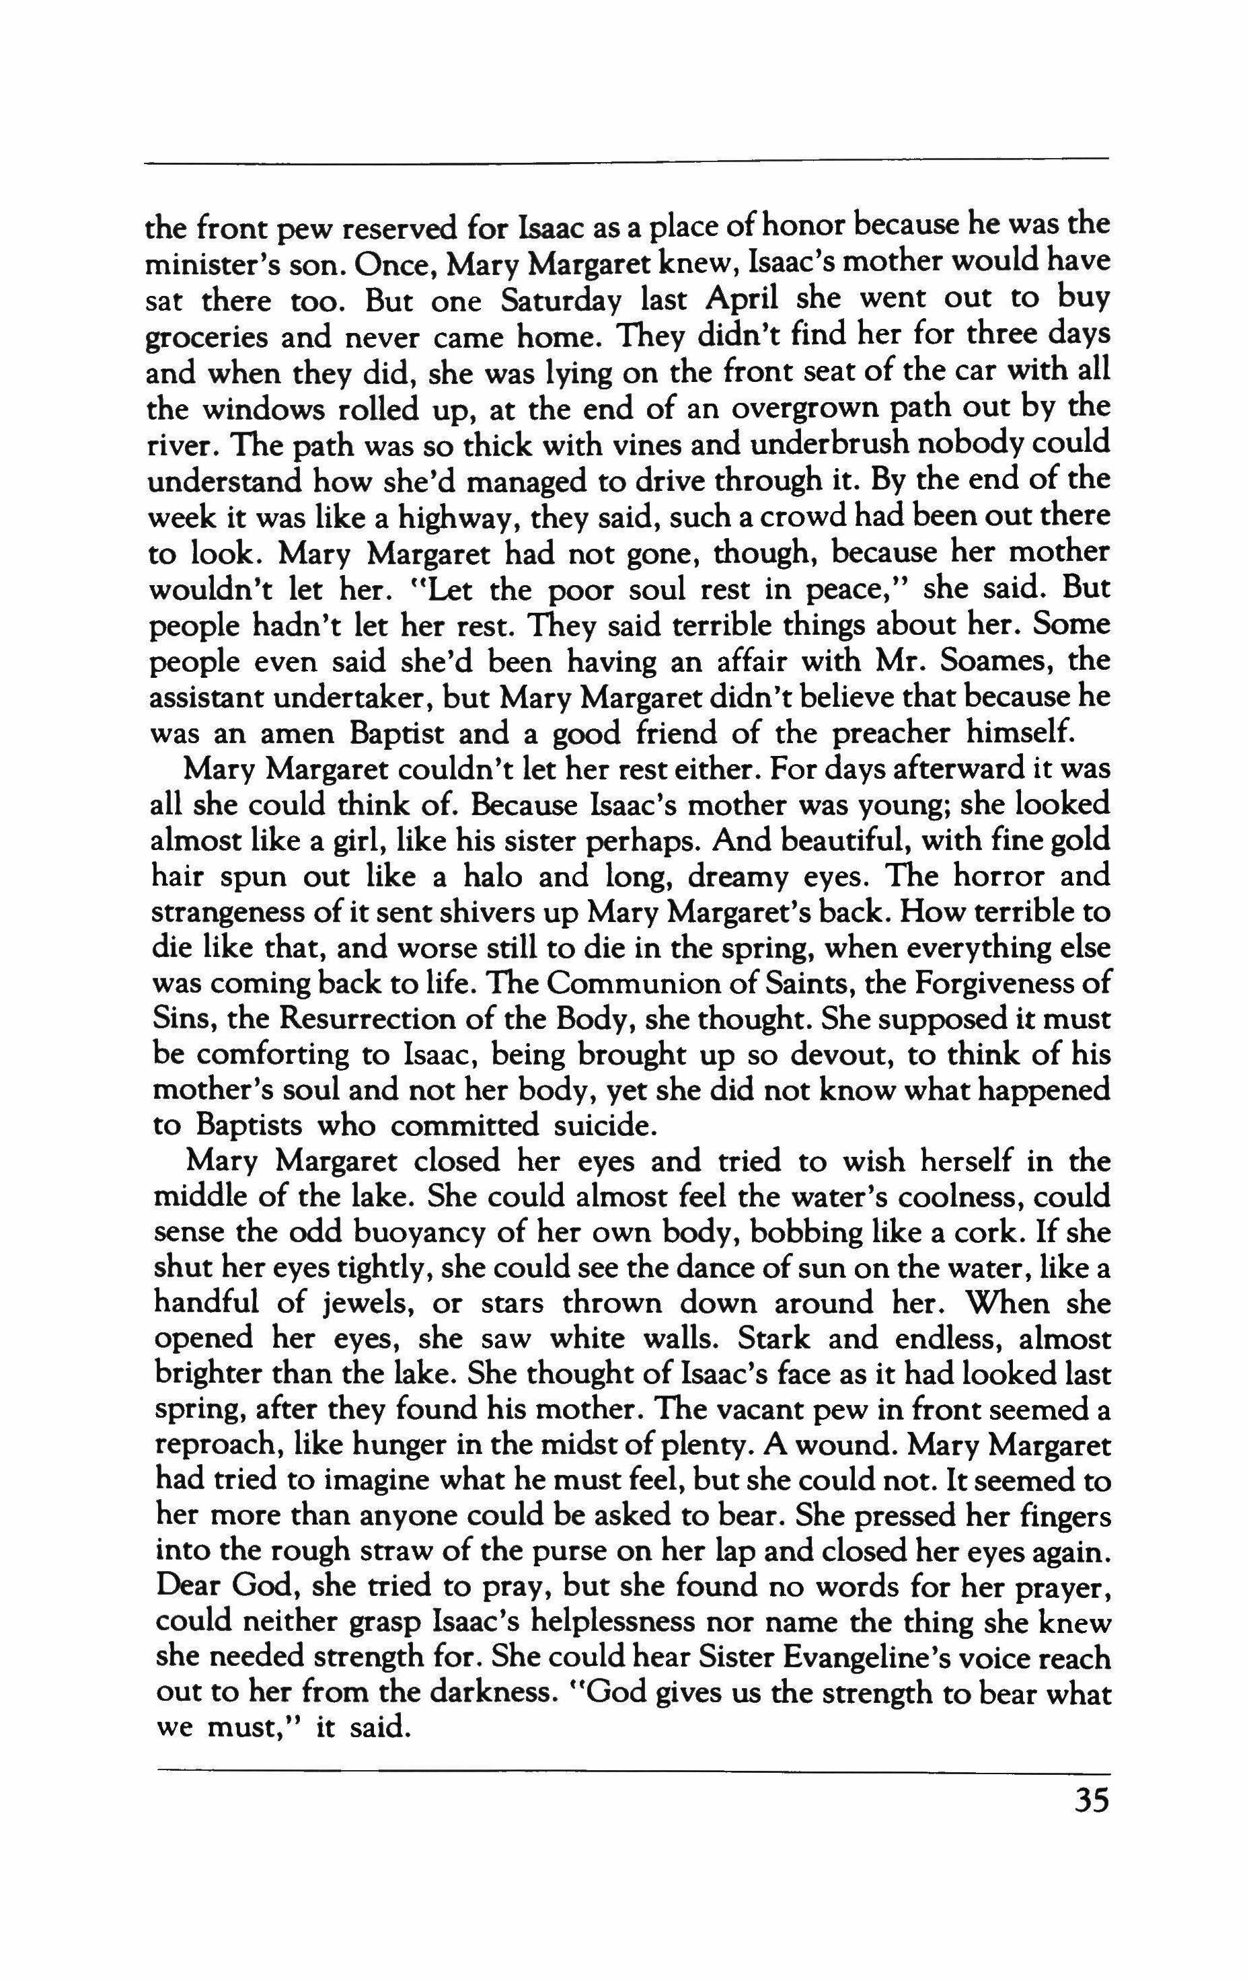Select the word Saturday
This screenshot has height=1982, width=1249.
[562, 301]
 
